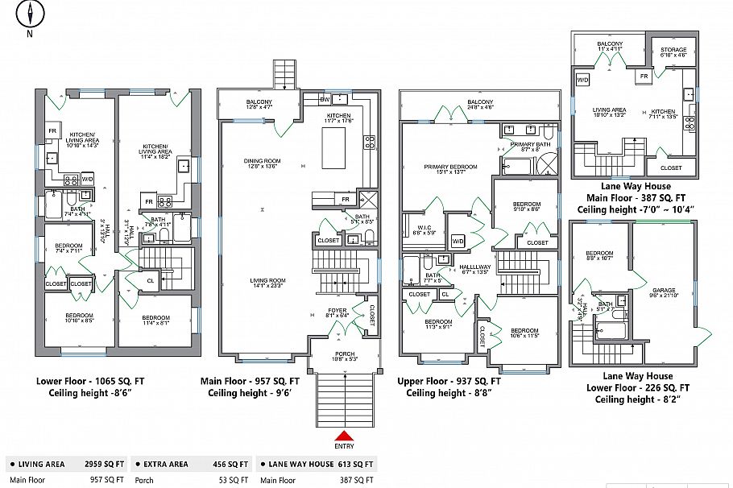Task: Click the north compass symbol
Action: (x=30, y=15)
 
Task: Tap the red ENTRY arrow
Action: (x=344, y=436)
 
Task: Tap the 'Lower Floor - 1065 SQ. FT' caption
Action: (x=90, y=382)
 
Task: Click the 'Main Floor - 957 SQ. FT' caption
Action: (x=254, y=382)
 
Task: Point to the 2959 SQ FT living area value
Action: (x=105, y=465)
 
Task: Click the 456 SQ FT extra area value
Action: (x=231, y=465)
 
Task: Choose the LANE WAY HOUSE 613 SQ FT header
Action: (x=317, y=465)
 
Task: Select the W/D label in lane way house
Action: (x=582, y=80)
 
